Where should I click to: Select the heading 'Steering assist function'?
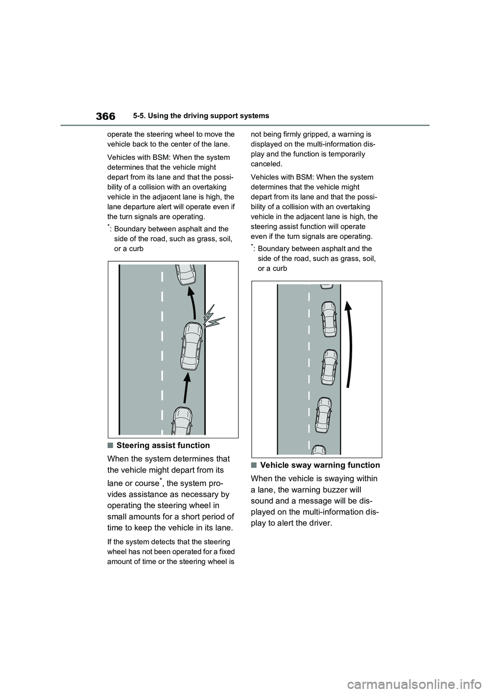163,445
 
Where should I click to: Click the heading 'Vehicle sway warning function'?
320,465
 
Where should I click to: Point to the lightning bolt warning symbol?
213,317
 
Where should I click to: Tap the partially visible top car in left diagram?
185,275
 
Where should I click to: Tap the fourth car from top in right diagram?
324,414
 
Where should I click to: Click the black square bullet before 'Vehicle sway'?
254,465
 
